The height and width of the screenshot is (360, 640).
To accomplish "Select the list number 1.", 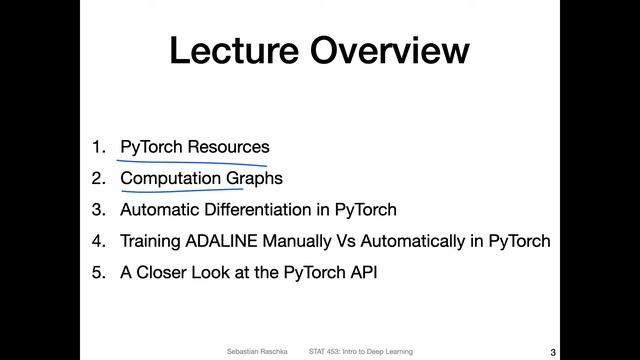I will point(97,147).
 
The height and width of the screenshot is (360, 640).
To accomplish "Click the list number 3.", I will point(97,210).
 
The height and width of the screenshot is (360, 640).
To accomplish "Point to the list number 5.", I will point(97,273).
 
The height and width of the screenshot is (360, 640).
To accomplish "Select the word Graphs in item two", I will point(254,179).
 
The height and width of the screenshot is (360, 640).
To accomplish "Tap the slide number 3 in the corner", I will point(553,351).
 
